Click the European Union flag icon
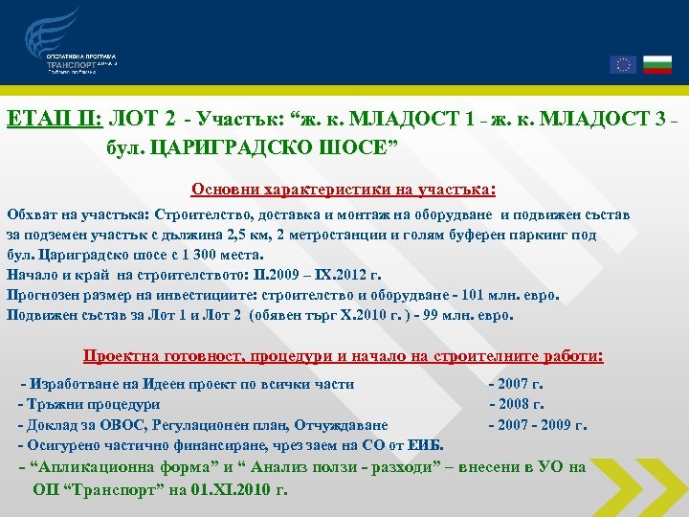click(622, 64)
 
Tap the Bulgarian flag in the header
click(656, 64)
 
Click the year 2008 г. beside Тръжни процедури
click(518, 404)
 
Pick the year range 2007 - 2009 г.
click(538, 424)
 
